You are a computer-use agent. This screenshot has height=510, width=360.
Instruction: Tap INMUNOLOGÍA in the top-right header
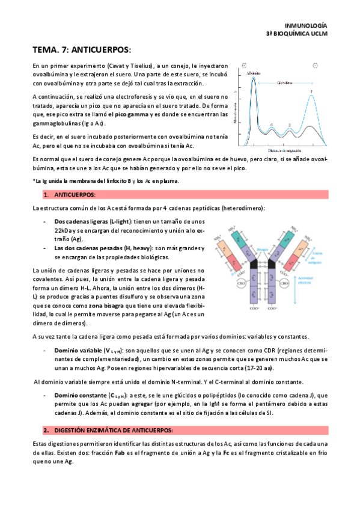tap(306, 26)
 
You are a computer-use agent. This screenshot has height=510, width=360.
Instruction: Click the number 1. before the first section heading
tap(46, 195)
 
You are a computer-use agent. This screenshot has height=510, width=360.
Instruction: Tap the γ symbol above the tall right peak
tap(311, 92)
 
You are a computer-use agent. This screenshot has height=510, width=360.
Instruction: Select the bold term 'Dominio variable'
tap(78, 349)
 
